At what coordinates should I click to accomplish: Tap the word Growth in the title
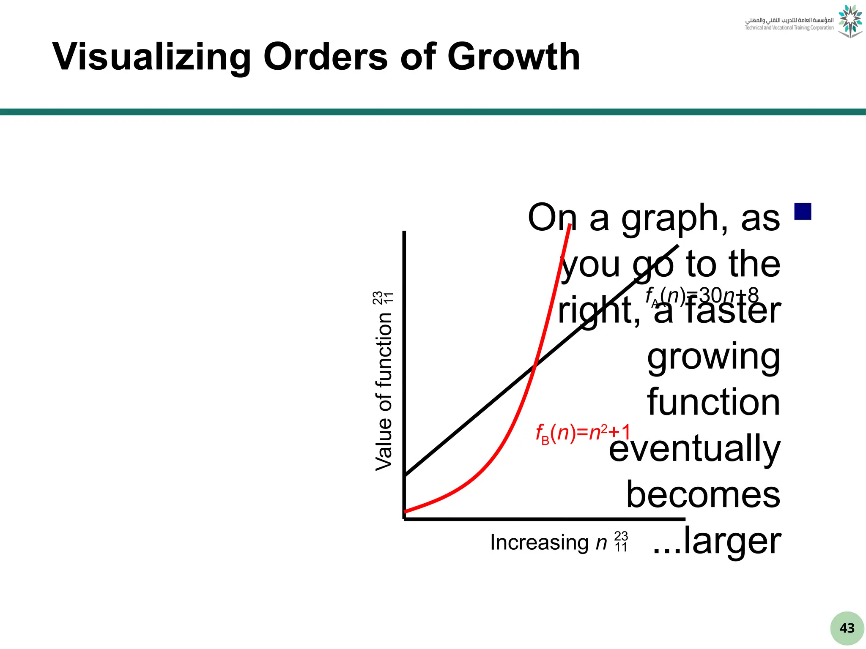coord(513,57)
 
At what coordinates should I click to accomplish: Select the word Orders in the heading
coord(325,57)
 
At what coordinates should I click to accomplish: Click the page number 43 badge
coord(847,628)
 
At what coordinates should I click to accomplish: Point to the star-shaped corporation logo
coord(850,21)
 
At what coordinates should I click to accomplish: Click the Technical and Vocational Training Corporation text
coord(789,28)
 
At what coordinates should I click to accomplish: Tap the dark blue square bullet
coord(803,211)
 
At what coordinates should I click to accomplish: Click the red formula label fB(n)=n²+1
coord(583,433)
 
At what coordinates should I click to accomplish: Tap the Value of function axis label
coord(384,391)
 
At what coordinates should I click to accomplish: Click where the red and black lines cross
coord(534,366)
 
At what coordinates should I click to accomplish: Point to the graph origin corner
coord(405,518)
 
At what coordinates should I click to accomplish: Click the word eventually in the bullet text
coord(694,449)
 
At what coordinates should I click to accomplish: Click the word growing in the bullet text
coord(713,357)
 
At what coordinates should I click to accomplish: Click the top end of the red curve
coord(570,226)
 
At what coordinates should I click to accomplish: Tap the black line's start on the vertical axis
coord(406,475)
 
